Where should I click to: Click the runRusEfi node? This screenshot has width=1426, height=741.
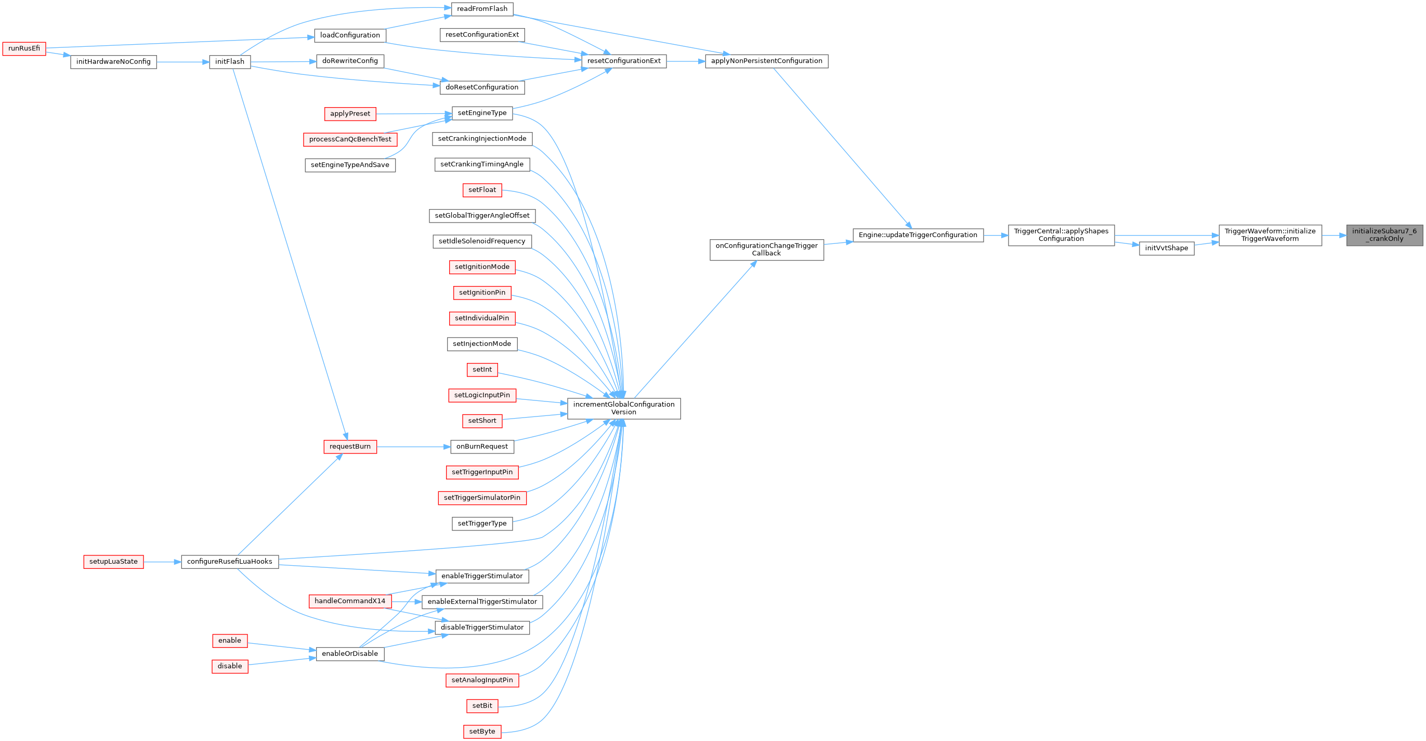24,49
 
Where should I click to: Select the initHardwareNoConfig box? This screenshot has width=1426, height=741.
113,62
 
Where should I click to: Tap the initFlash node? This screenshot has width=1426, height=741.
230,62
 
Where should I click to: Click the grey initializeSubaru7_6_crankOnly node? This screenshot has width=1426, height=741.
1384,236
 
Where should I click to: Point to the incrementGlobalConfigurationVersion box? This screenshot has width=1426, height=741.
623,409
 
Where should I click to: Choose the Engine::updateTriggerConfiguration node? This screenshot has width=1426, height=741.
918,236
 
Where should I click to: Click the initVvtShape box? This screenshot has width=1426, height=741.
1167,248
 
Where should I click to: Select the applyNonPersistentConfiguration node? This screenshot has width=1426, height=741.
766,61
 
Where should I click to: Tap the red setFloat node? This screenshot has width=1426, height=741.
482,190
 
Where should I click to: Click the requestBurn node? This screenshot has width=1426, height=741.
350,447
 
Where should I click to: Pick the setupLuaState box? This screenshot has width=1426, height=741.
113,562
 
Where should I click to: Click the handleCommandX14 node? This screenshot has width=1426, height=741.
350,602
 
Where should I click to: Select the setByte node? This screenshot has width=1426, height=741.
482,732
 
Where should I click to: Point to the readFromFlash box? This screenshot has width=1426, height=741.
482,9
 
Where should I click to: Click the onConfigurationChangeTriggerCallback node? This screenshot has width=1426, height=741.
766,250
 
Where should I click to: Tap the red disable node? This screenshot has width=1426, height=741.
230,666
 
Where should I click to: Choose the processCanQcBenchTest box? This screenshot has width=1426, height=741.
350,139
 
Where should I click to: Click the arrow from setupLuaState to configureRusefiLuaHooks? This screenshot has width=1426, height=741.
162,562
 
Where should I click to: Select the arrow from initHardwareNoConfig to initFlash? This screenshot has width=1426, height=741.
182,62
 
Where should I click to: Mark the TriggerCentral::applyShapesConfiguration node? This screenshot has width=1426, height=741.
1061,236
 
